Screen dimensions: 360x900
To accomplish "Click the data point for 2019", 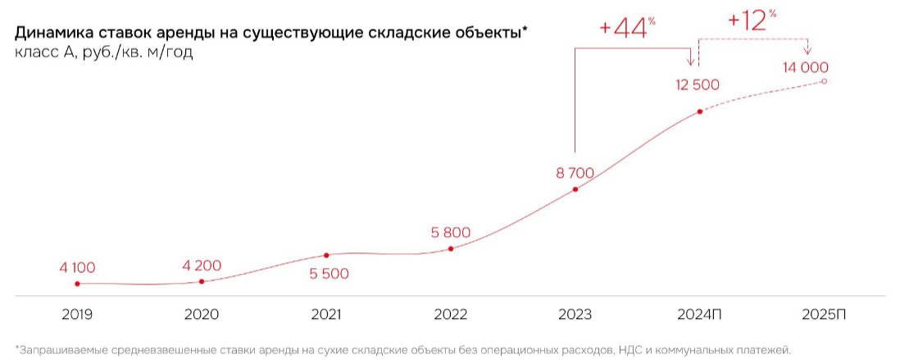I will click(x=77, y=284).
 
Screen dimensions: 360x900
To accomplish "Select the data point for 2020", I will click(x=202, y=281).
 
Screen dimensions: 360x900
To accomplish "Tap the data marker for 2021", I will click(x=327, y=255).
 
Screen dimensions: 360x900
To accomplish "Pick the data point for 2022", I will click(x=451, y=248).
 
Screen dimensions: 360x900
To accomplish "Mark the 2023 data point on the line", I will click(x=575, y=189).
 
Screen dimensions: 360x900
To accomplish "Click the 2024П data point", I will click(x=699, y=112).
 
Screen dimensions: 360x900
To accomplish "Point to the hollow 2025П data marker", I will click(x=824, y=81).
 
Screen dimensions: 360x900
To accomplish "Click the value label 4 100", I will click(x=77, y=267).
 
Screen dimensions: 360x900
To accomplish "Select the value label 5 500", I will click(x=329, y=273).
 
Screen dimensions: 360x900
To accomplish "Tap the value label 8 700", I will click(x=574, y=173).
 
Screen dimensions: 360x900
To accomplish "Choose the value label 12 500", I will click(x=698, y=85).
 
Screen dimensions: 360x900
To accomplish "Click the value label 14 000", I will click(x=806, y=68).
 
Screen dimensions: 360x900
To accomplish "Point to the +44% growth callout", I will click(x=628, y=27).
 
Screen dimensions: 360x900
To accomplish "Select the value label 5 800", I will click(x=451, y=232).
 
